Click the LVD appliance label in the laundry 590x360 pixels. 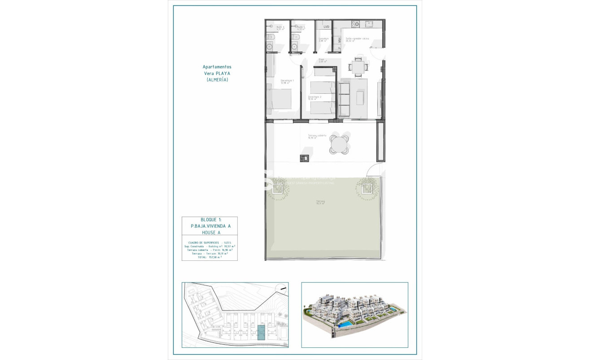(x=326, y=27)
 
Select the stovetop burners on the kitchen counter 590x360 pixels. (x=354, y=24)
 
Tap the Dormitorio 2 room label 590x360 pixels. (x=314, y=97)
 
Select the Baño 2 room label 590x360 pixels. (x=280, y=27)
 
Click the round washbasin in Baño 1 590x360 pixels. (x=296, y=46)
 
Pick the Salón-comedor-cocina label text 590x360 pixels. (x=357, y=39)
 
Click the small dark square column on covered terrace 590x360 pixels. (x=304, y=158)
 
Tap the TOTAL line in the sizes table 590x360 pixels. (x=210, y=258)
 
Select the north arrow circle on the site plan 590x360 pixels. (x=281, y=289)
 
